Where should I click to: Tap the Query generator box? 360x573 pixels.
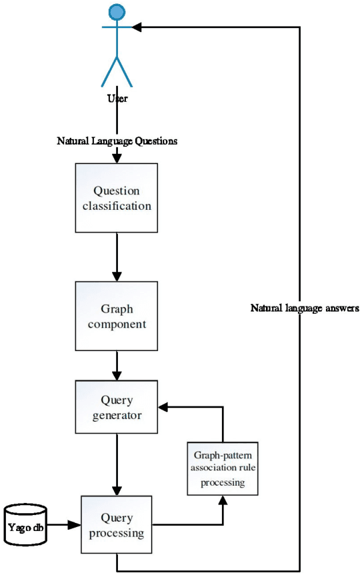(117, 406)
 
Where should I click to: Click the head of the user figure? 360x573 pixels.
(117, 12)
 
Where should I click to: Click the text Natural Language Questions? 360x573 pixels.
(117, 141)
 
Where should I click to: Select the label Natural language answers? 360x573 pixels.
(305, 308)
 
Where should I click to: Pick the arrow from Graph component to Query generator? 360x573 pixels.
(117, 365)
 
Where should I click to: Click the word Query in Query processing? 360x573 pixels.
(117, 518)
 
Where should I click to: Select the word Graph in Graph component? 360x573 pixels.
(117, 310)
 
